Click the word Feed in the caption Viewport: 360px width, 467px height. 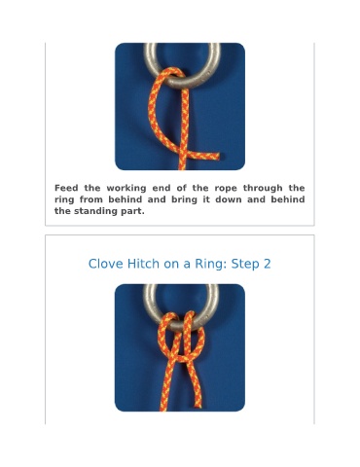(66, 188)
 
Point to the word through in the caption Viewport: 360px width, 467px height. (263, 189)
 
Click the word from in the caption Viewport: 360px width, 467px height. (91, 199)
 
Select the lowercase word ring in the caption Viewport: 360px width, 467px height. (64, 200)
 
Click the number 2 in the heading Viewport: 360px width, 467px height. (267, 264)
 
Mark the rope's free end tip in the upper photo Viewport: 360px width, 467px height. (218, 157)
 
